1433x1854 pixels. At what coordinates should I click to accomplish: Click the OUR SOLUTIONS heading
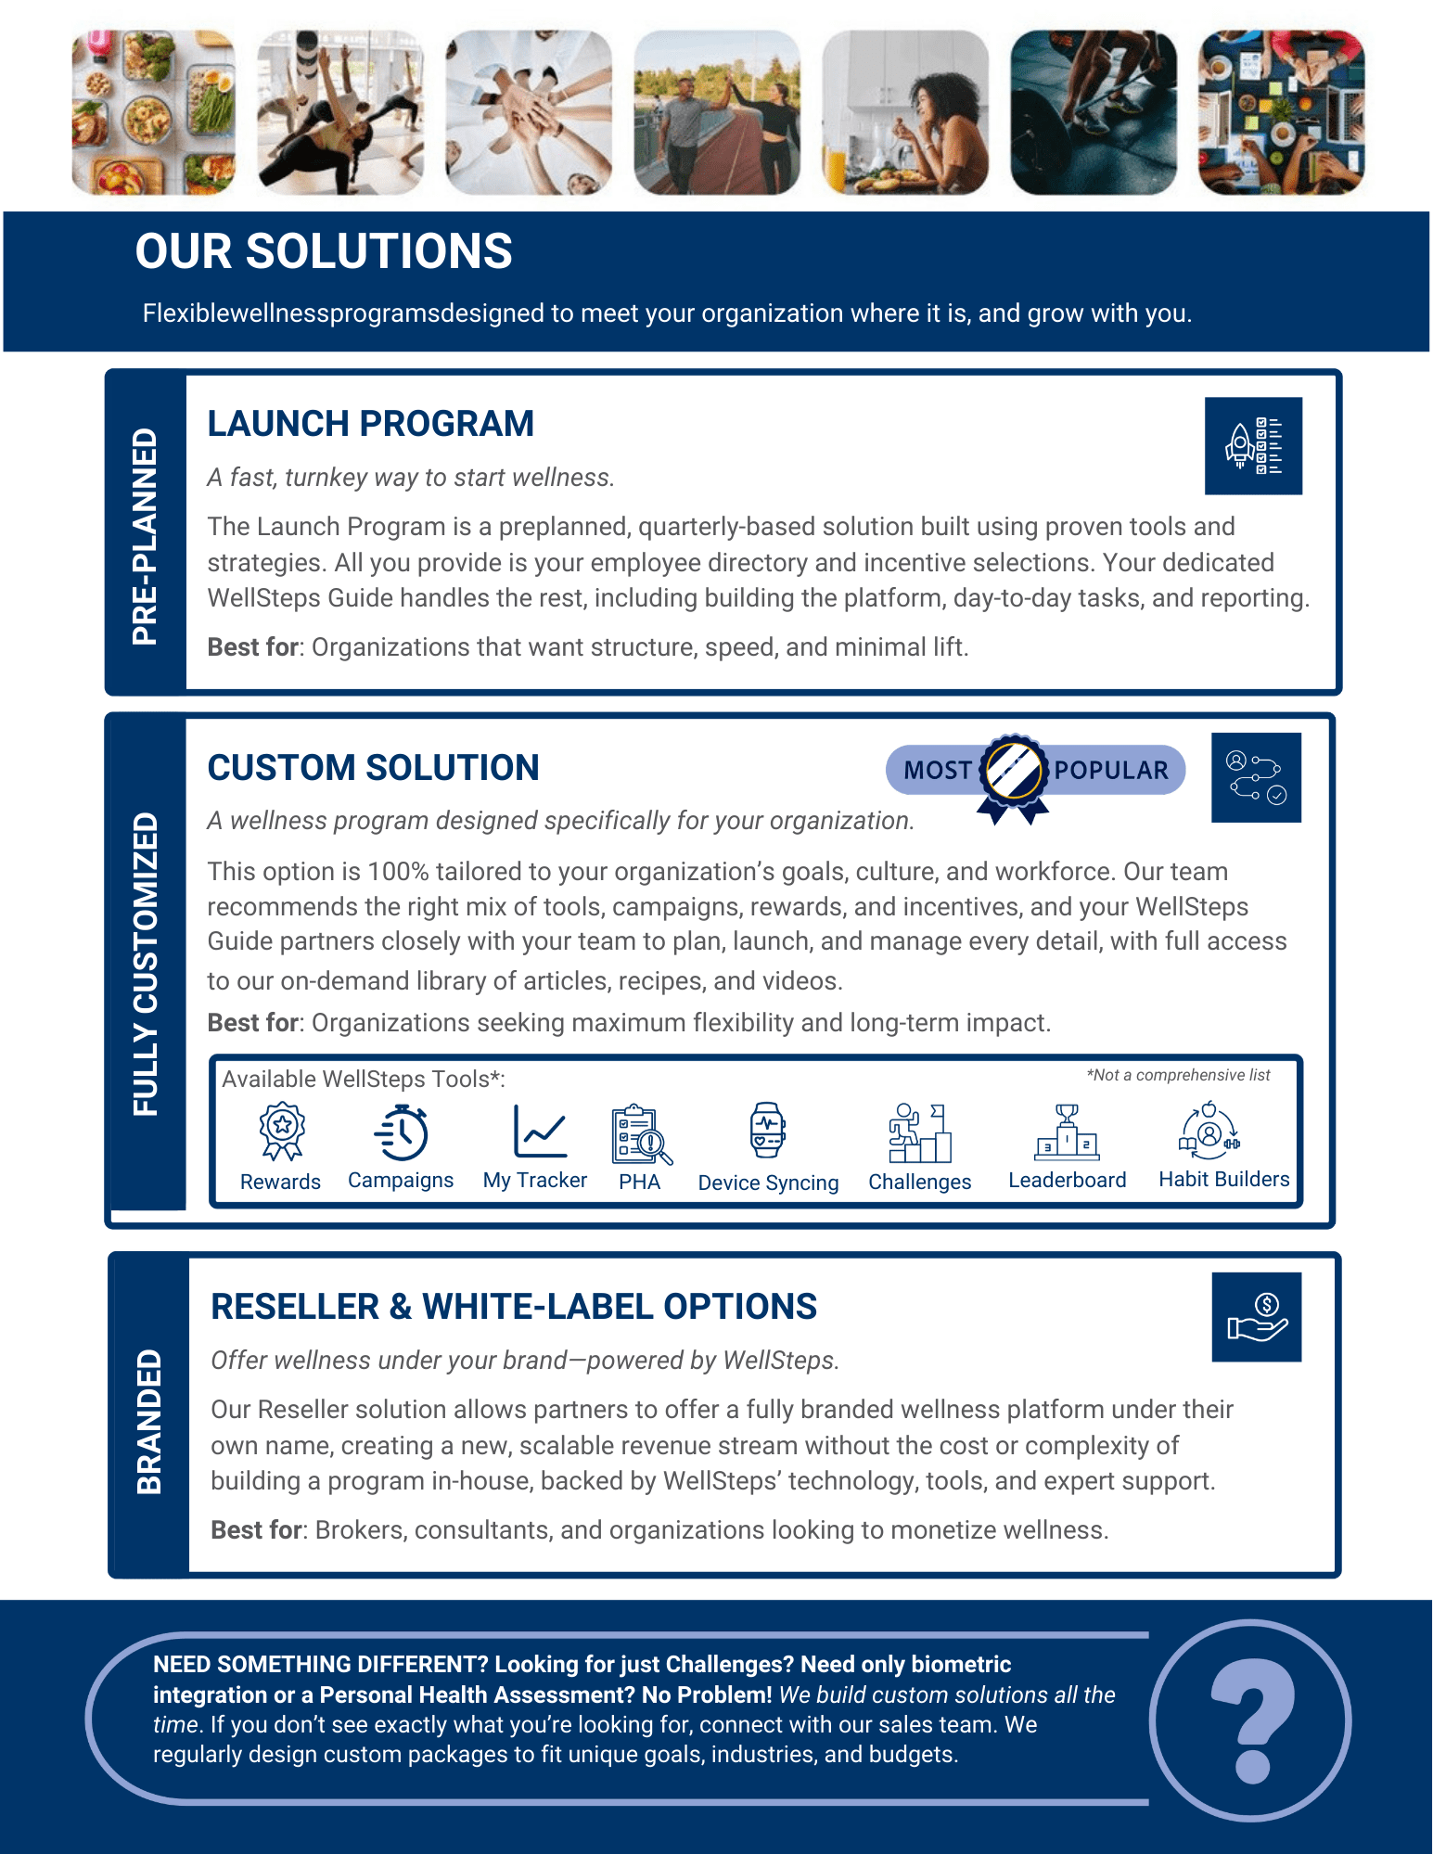(x=324, y=251)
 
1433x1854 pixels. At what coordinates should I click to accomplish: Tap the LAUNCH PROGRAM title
(x=370, y=424)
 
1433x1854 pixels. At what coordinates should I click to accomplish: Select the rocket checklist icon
(x=1253, y=446)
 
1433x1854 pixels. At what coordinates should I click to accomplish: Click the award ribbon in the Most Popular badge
(x=1013, y=776)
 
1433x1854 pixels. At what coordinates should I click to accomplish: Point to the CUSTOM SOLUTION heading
(x=373, y=768)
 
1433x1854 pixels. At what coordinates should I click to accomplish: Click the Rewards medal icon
(x=282, y=1131)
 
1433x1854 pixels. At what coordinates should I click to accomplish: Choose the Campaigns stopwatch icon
(x=402, y=1132)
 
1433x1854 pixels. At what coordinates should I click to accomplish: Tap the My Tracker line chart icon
(x=539, y=1131)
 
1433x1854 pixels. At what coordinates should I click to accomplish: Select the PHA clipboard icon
(x=641, y=1133)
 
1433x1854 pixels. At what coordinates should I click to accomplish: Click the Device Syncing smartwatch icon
(x=768, y=1130)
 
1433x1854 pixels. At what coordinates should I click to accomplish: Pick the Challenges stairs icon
(x=919, y=1132)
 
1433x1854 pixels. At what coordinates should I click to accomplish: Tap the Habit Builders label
(x=1223, y=1179)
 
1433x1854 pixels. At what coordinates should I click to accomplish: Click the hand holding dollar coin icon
(x=1257, y=1317)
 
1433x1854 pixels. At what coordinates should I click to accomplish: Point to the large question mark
(x=1251, y=1720)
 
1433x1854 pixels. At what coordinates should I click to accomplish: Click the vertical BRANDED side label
(x=149, y=1421)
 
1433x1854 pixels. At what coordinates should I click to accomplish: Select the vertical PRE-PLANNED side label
(x=145, y=536)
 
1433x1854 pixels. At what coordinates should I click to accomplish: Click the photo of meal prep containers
(x=154, y=112)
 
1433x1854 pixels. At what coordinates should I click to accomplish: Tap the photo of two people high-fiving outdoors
(x=717, y=112)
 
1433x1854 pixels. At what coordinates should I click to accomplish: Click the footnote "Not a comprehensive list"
(x=1179, y=1075)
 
